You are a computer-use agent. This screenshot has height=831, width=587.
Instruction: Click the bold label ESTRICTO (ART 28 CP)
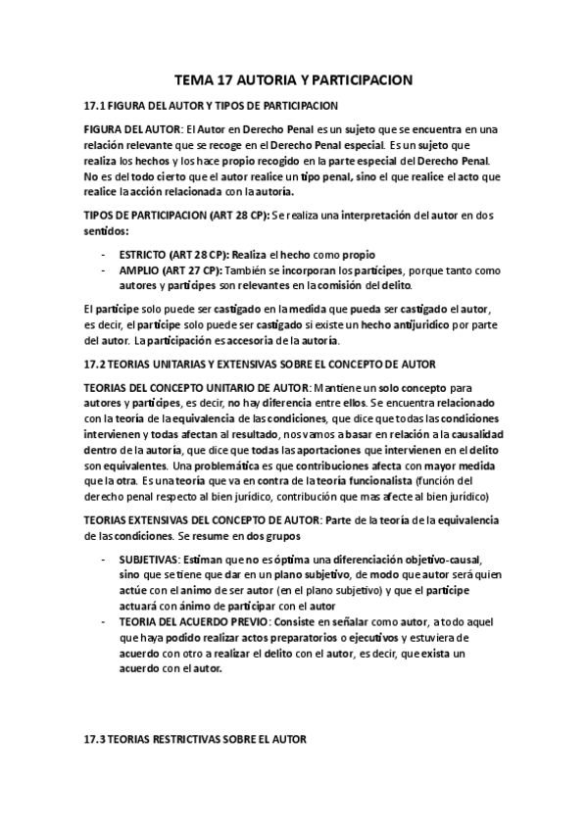[x=174, y=253]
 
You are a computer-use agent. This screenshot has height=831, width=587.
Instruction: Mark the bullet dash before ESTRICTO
[x=105, y=253]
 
